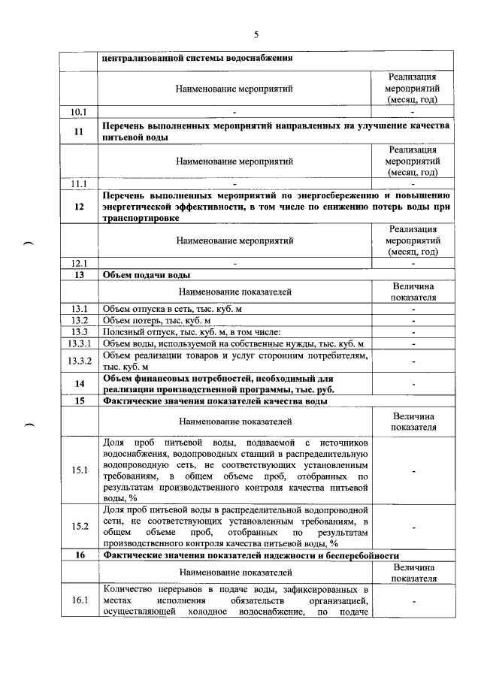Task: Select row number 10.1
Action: click(79, 112)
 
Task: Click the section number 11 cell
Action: click(79, 131)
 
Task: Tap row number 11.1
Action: click(79, 183)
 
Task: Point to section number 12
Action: click(79, 207)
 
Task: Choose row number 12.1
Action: click(79, 263)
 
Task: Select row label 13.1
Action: click(79, 309)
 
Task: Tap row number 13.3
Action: click(79, 332)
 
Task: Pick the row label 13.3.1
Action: click(79, 343)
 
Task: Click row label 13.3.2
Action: click(79, 361)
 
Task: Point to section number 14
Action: click(79, 384)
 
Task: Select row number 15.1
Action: click(79, 470)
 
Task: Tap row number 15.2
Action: click(79, 526)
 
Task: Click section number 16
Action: click(79, 555)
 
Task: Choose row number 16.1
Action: click(79, 600)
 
